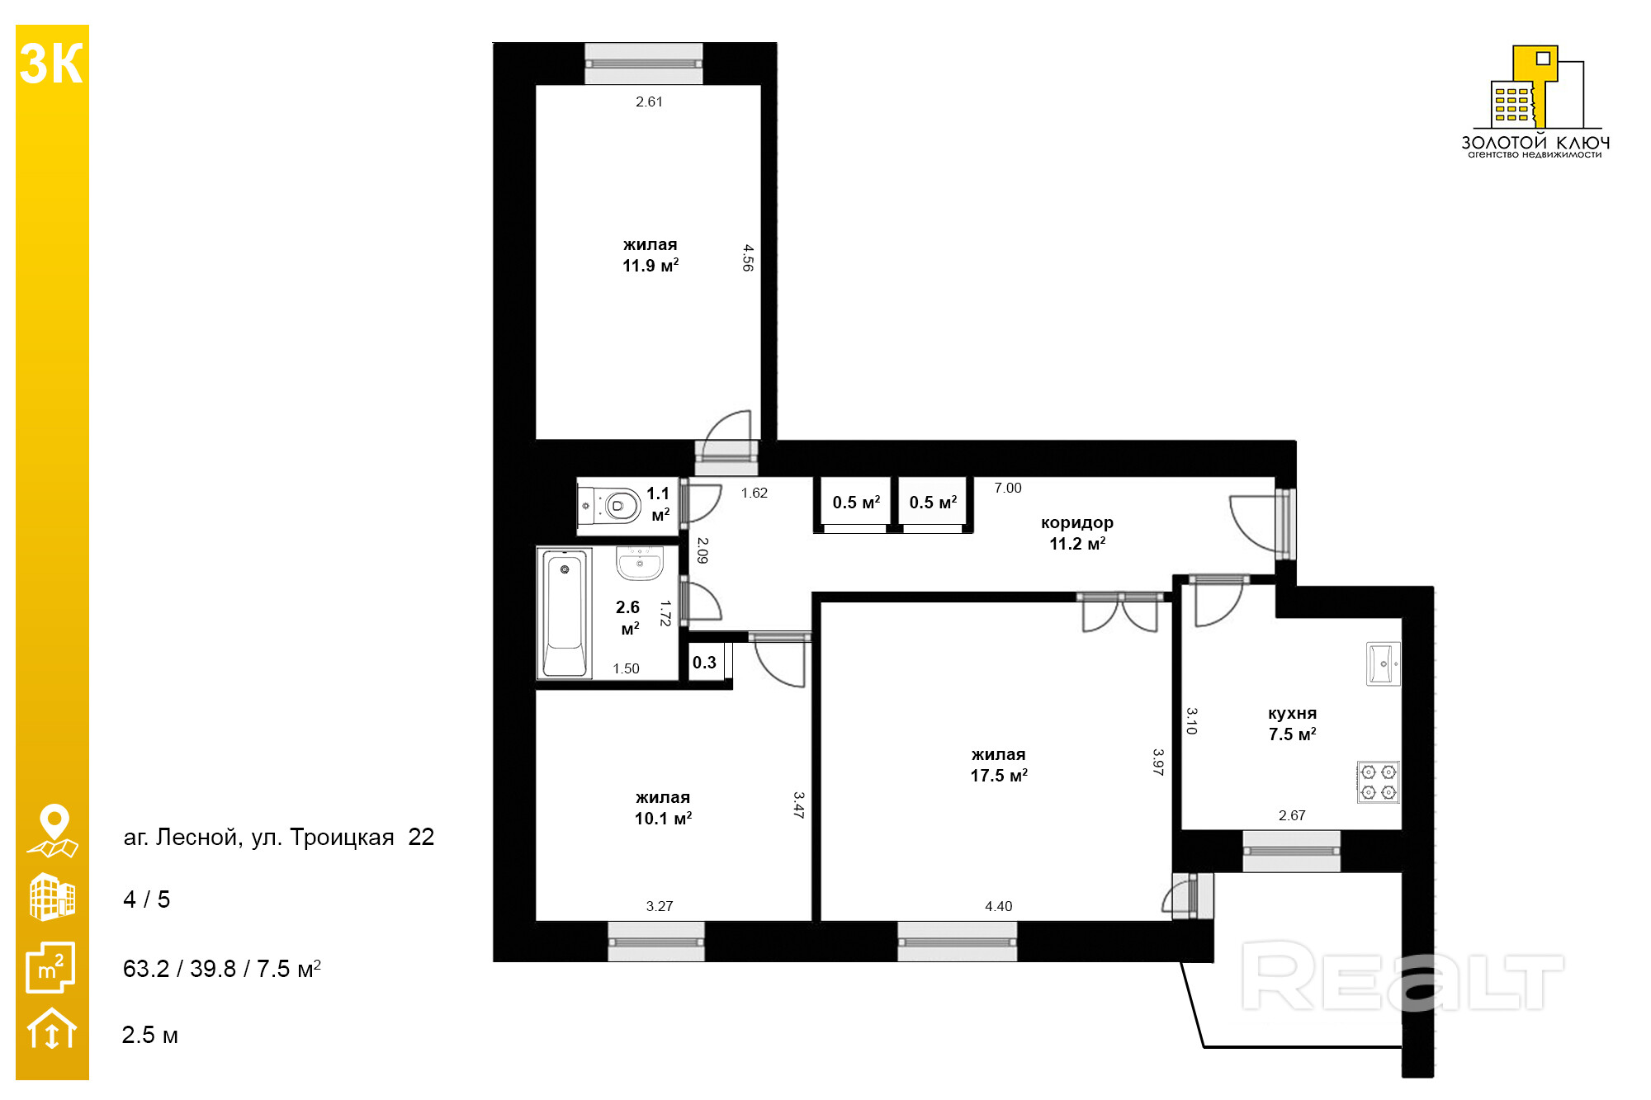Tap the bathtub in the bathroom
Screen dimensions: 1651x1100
(x=565, y=613)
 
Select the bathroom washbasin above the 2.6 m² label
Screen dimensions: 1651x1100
(x=640, y=563)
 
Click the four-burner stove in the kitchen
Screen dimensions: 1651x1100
(x=1379, y=781)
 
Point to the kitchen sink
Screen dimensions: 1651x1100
(x=1384, y=663)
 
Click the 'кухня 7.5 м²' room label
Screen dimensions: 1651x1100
(x=1293, y=724)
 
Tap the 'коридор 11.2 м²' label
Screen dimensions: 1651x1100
(x=1077, y=533)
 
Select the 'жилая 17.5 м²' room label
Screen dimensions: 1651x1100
(x=999, y=765)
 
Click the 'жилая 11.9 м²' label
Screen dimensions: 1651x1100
(x=650, y=255)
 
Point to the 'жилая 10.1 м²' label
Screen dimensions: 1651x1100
(x=663, y=808)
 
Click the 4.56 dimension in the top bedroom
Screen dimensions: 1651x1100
(x=748, y=257)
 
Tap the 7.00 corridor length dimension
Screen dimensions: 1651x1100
(x=1008, y=488)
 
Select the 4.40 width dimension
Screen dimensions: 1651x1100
(x=999, y=906)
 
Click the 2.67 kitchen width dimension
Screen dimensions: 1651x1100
(x=1292, y=815)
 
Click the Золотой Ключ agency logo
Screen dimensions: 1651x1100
(x=1535, y=102)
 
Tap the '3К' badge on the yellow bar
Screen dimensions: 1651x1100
(x=51, y=64)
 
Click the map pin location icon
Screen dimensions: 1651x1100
(x=54, y=830)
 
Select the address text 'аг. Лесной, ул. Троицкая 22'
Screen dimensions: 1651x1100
(x=279, y=838)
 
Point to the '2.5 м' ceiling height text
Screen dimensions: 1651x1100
(x=150, y=1035)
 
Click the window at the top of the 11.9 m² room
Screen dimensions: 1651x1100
(x=644, y=64)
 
